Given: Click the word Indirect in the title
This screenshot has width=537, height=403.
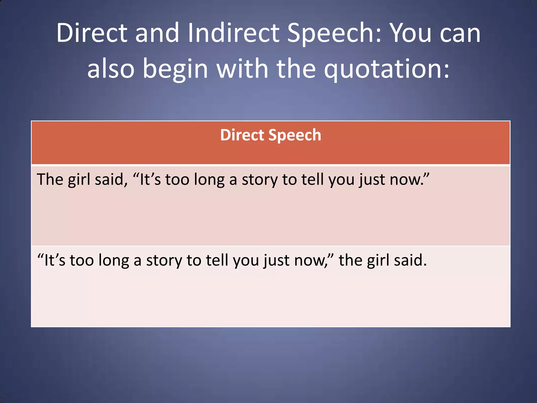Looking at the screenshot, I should pyautogui.click(x=233, y=33).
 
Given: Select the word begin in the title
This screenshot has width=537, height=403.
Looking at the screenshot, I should pyautogui.click(x=175, y=69).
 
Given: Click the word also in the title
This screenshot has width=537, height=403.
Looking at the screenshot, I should pyautogui.click(x=111, y=69).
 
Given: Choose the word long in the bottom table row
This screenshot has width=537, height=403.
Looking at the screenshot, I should pyautogui.click(x=114, y=261).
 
